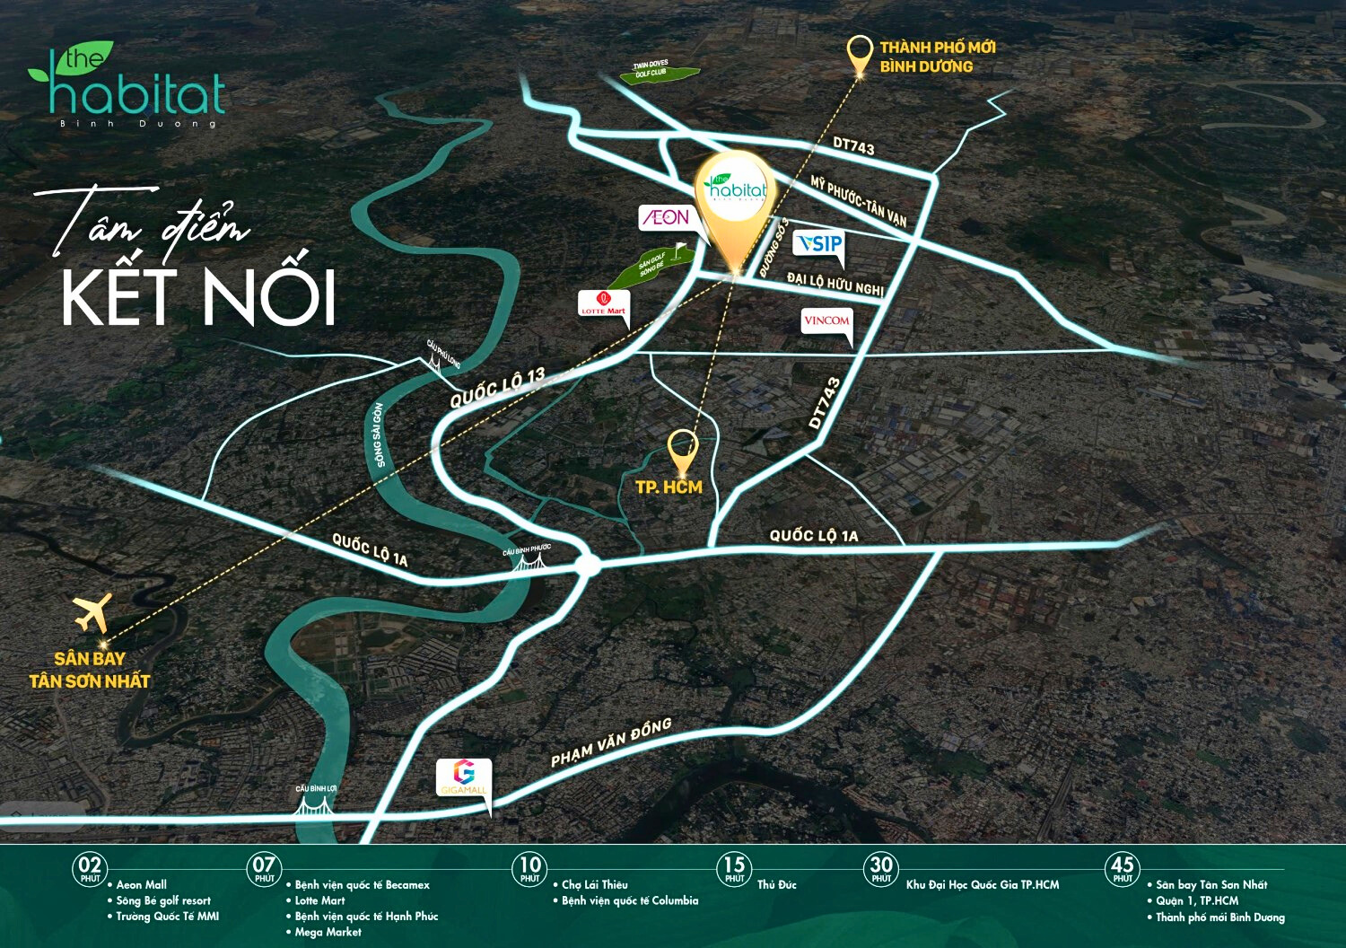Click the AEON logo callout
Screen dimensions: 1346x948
(x=666, y=217)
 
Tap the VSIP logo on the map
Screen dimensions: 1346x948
(x=819, y=243)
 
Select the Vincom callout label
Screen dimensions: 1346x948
(x=826, y=320)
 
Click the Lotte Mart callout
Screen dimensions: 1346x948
(x=604, y=305)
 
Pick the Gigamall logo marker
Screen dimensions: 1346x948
(x=464, y=777)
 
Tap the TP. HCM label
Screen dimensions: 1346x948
(x=669, y=487)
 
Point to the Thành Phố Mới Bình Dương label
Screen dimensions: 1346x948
(x=937, y=57)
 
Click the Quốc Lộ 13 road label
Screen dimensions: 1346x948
(x=497, y=388)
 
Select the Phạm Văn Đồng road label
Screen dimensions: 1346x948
(x=611, y=742)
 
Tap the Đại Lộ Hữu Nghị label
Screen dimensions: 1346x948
(x=835, y=284)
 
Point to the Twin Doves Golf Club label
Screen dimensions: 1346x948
(x=651, y=69)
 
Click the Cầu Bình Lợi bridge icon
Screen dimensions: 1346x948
(x=316, y=805)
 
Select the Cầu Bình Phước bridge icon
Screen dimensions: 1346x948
(x=529, y=563)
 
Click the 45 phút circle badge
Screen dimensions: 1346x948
(x=1122, y=868)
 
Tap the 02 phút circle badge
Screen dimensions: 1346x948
(x=90, y=868)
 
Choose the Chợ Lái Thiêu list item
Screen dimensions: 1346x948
(x=594, y=885)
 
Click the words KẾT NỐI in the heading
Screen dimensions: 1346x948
(x=199, y=296)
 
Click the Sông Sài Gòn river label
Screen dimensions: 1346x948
(x=379, y=434)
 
